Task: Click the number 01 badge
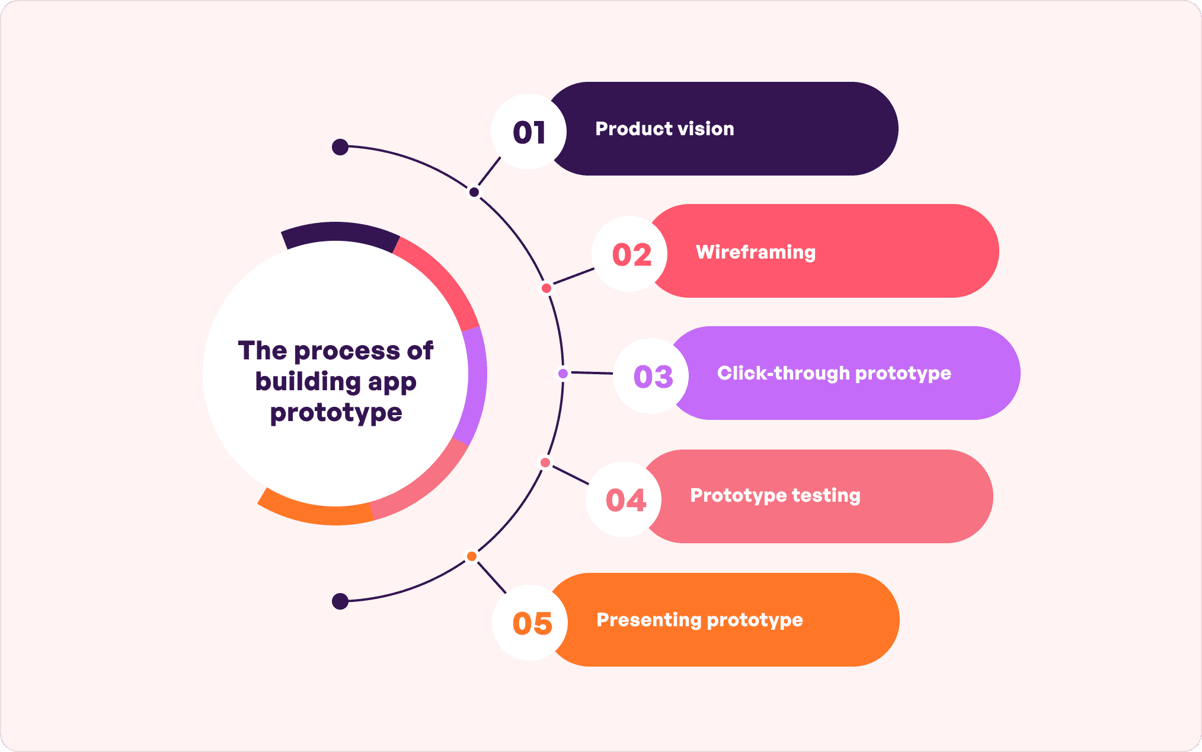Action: (x=529, y=132)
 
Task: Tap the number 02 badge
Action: (x=630, y=254)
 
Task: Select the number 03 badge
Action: (x=651, y=376)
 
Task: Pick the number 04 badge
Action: (x=624, y=499)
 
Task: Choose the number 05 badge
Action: (x=531, y=623)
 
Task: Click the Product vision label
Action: (x=664, y=129)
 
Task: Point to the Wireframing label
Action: (x=755, y=252)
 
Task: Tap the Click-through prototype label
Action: (x=833, y=373)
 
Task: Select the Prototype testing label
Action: (x=775, y=495)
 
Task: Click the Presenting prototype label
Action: (x=699, y=620)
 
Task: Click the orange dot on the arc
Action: (x=472, y=556)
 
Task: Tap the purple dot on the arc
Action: (x=563, y=374)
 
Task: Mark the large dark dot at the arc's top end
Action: (x=340, y=146)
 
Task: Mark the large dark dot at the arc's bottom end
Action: (x=340, y=601)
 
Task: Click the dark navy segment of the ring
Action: (x=339, y=232)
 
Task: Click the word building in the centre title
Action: (x=308, y=381)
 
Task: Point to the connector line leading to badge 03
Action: (x=592, y=373)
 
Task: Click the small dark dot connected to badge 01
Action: (x=474, y=192)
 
